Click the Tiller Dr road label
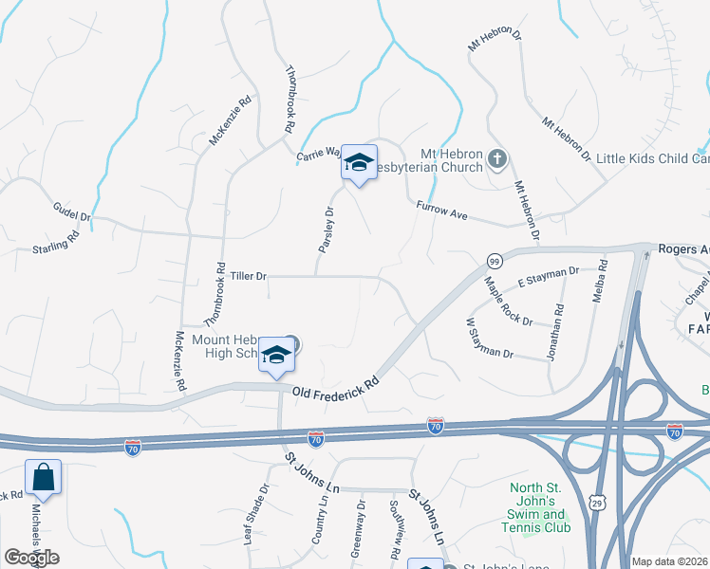(x=249, y=276)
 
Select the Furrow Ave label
(x=442, y=211)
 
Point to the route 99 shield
(x=494, y=261)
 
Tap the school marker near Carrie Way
(x=359, y=163)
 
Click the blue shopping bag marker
(x=44, y=477)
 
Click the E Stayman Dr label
(x=548, y=278)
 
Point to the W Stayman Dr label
(x=489, y=339)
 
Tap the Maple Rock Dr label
(x=508, y=302)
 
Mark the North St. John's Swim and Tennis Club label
(x=540, y=507)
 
